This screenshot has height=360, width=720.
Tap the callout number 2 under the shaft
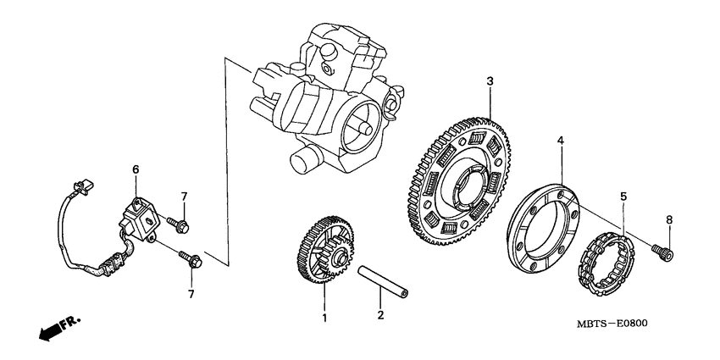(x=380, y=314)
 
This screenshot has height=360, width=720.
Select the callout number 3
(x=489, y=80)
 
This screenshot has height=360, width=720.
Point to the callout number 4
(x=559, y=140)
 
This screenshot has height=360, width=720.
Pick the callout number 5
(x=623, y=197)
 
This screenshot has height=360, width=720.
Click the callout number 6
(x=135, y=170)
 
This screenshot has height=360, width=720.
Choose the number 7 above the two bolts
(x=184, y=197)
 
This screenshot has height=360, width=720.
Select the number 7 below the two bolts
(x=191, y=294)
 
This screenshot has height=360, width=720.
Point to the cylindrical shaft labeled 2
(x=386, y=282)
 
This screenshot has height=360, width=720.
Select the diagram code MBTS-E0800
(x=622, y=324)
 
